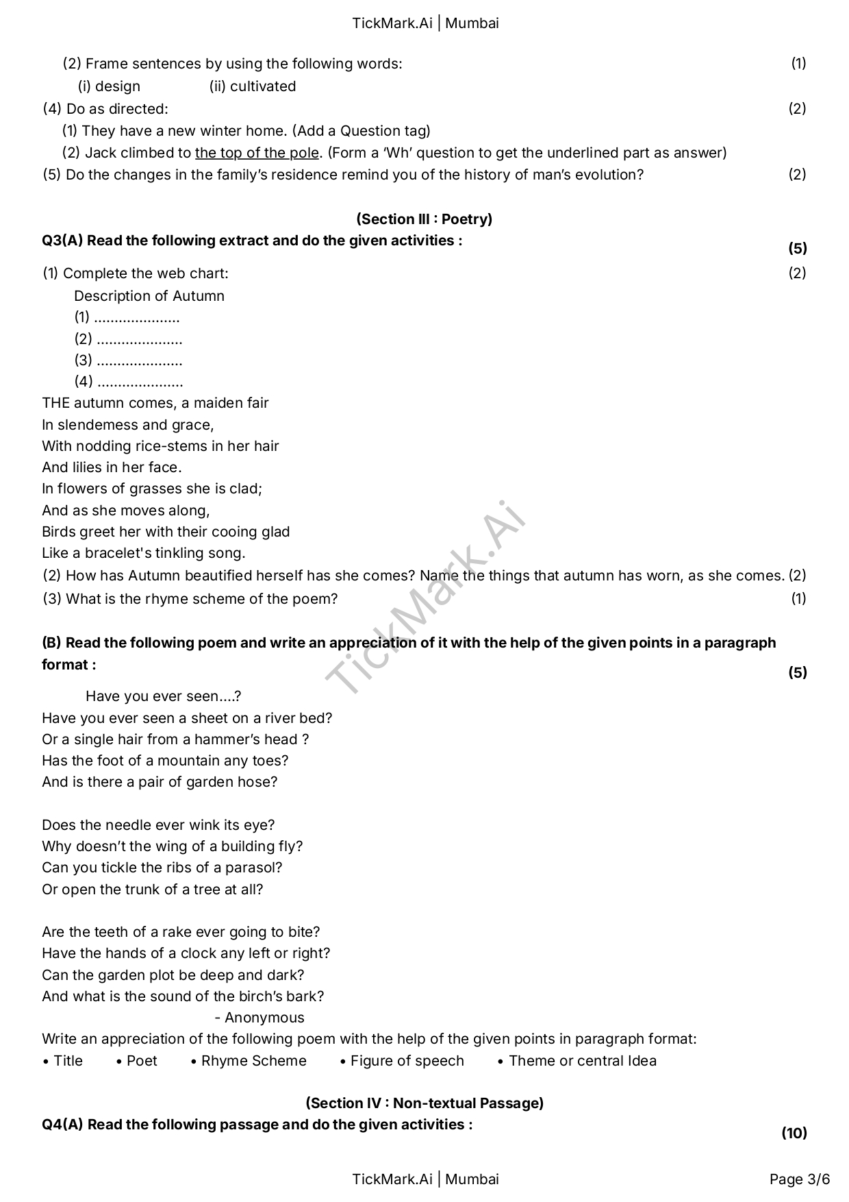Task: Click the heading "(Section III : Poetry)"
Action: click(424, 219)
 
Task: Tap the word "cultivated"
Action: click(263, 86)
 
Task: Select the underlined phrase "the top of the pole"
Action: click(257, 153)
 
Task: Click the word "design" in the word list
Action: click(118, 86)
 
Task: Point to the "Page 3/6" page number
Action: click(799, 1179)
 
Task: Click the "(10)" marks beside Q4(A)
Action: click(794, 1133)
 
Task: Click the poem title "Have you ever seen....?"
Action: click(163, 696)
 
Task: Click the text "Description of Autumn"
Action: click(149, 296)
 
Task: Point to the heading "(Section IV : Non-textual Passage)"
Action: click(424, 1103)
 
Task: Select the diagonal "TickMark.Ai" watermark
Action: click(424, 596)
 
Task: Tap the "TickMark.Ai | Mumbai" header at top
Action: click(425, 23)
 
